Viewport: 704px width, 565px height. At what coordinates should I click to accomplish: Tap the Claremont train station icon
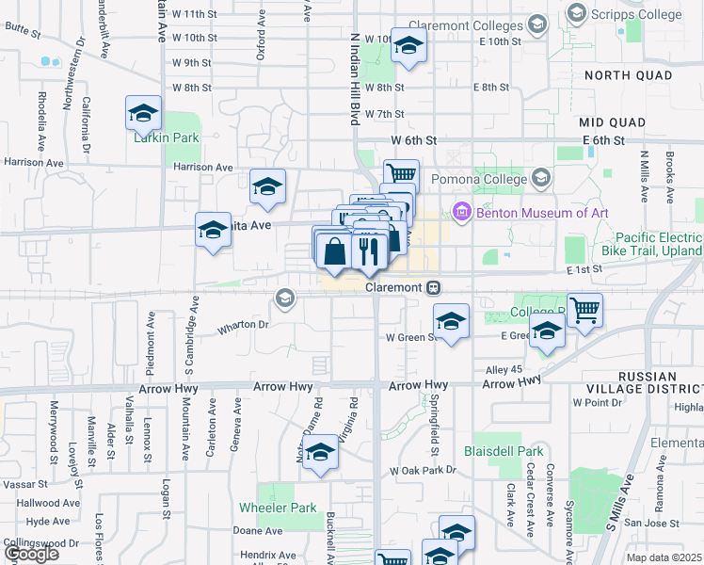tap(433, 287)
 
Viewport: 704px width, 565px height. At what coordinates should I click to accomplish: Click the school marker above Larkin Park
tap(143, 113)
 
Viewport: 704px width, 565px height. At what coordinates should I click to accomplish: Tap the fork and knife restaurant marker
tap(368, 250)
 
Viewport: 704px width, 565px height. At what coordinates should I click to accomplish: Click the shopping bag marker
tap(335, 251)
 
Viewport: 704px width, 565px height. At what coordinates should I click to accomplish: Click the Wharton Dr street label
tap(244, 326)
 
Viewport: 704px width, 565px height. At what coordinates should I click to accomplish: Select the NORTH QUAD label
tap(628, 74)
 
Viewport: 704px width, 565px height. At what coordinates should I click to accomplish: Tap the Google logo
tap(31, 554)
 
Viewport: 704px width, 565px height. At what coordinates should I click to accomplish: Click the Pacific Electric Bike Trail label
tap(659, 245)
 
